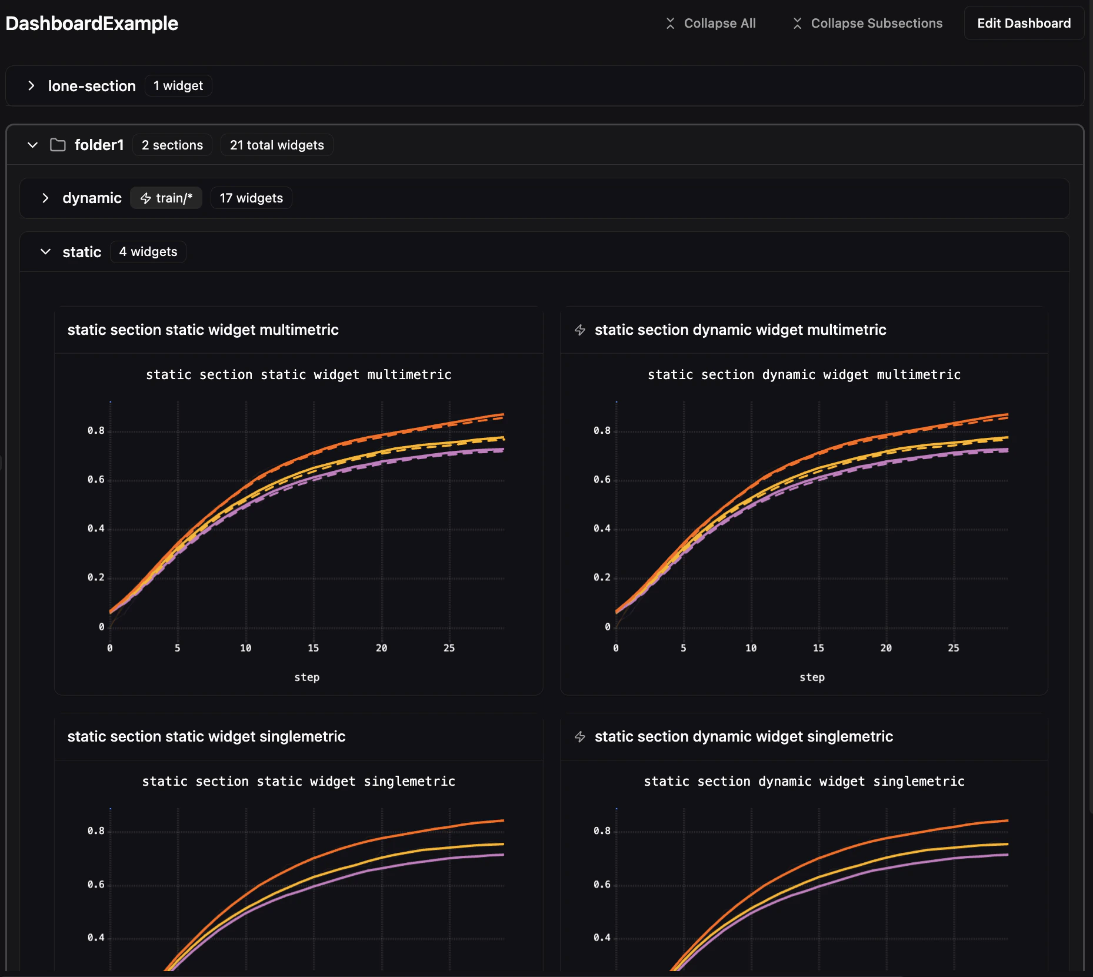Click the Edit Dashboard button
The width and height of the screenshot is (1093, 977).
pos(1024,24)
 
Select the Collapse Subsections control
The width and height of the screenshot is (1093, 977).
pos(868,24)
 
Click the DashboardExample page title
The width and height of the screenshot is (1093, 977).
pos(92,24)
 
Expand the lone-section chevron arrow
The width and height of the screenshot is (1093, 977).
pos(31,86)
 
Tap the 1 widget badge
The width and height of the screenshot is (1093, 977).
pos(178,86)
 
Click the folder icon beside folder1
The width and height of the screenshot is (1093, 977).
pos(58,145)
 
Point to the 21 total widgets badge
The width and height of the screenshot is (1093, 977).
pos(276,145)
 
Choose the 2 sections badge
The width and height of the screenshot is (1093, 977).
pos(172,145)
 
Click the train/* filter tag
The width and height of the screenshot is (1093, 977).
pos(166,198)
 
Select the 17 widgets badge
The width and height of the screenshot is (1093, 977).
pos(251,198)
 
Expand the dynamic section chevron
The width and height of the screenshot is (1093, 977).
pos(45,198)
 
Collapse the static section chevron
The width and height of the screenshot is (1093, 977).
pos(45,252)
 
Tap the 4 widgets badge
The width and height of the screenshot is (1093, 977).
pos(148,252)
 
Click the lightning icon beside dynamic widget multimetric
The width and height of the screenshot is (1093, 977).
pos(580,330)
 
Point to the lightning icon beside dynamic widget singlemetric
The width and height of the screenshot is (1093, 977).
pos(580,737)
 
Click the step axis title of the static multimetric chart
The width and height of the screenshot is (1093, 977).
pos(306,677)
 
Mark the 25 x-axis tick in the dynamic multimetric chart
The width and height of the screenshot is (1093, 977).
pos(953,648)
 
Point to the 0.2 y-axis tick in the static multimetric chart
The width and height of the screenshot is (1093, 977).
pos(96,577)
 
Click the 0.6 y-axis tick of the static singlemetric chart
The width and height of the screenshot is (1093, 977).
pos(96,885)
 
